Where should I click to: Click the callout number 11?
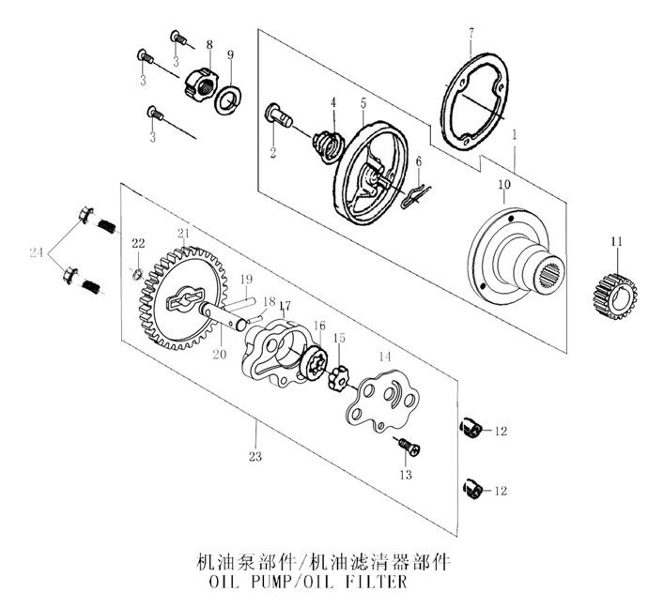pyautogui.click(x=616, y=244)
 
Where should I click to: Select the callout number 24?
pyautogui.click(x=36, y=252)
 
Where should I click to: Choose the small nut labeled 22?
pyautogui.click(x=136, y=274)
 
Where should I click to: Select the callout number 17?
pyautogui.click(x=284, y=306)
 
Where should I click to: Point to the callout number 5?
pyautogui.click(x=362, y=101)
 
